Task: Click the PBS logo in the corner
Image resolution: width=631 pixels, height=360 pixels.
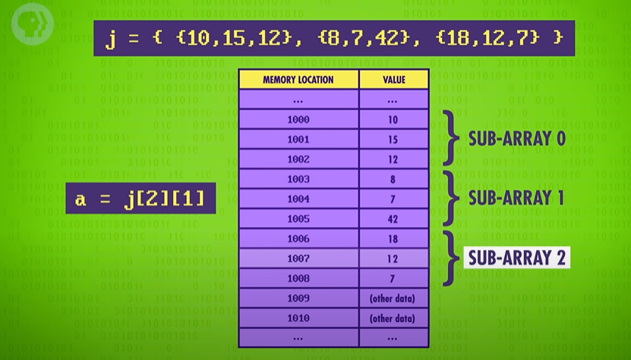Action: pyautogui.click(x=24, y=22)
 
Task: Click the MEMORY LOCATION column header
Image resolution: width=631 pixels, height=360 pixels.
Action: pyautogui.click(x=298, y=80)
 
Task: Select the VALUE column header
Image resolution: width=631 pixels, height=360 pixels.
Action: pyautogui.click(x=393, y=80)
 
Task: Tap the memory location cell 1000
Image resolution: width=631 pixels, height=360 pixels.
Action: pyautogui.click(x=298, y=119)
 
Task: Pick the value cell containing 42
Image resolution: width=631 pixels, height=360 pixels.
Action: pyautogui.click(x=393, y=218)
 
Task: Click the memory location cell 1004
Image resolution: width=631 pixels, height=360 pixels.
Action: pyautogui.click(x=298, y=198)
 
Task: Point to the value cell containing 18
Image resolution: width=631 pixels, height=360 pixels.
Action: pyautogui.click(x=393, y=238)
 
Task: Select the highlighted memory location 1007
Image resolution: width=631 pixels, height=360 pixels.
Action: pyautogui.click(x=298, y=257)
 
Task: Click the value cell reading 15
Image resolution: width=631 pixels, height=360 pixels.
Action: pyautogui.click(x=393, y=139)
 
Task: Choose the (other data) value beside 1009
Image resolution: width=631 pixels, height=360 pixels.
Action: pyautogui.click(x=393, y=297)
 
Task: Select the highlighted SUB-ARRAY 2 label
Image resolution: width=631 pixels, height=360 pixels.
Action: pyautogui.click(x=517, y=257)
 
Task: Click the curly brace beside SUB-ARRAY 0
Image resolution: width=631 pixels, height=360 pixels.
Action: pyautogui.click(x=453, y=139)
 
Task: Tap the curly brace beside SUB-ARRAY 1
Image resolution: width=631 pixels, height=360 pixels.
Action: pyautogui.click(x=453, y=198)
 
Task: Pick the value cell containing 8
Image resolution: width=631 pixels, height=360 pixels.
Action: pyautogui.click(x=393, y=178)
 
